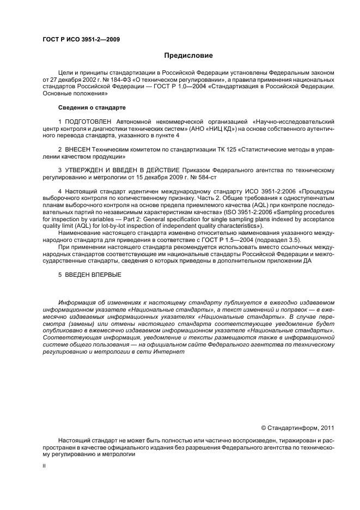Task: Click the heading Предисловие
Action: pos(188,56)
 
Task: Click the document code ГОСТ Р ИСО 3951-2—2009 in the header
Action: pos(81,39)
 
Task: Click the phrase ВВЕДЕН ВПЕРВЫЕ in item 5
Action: pos(93,274)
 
